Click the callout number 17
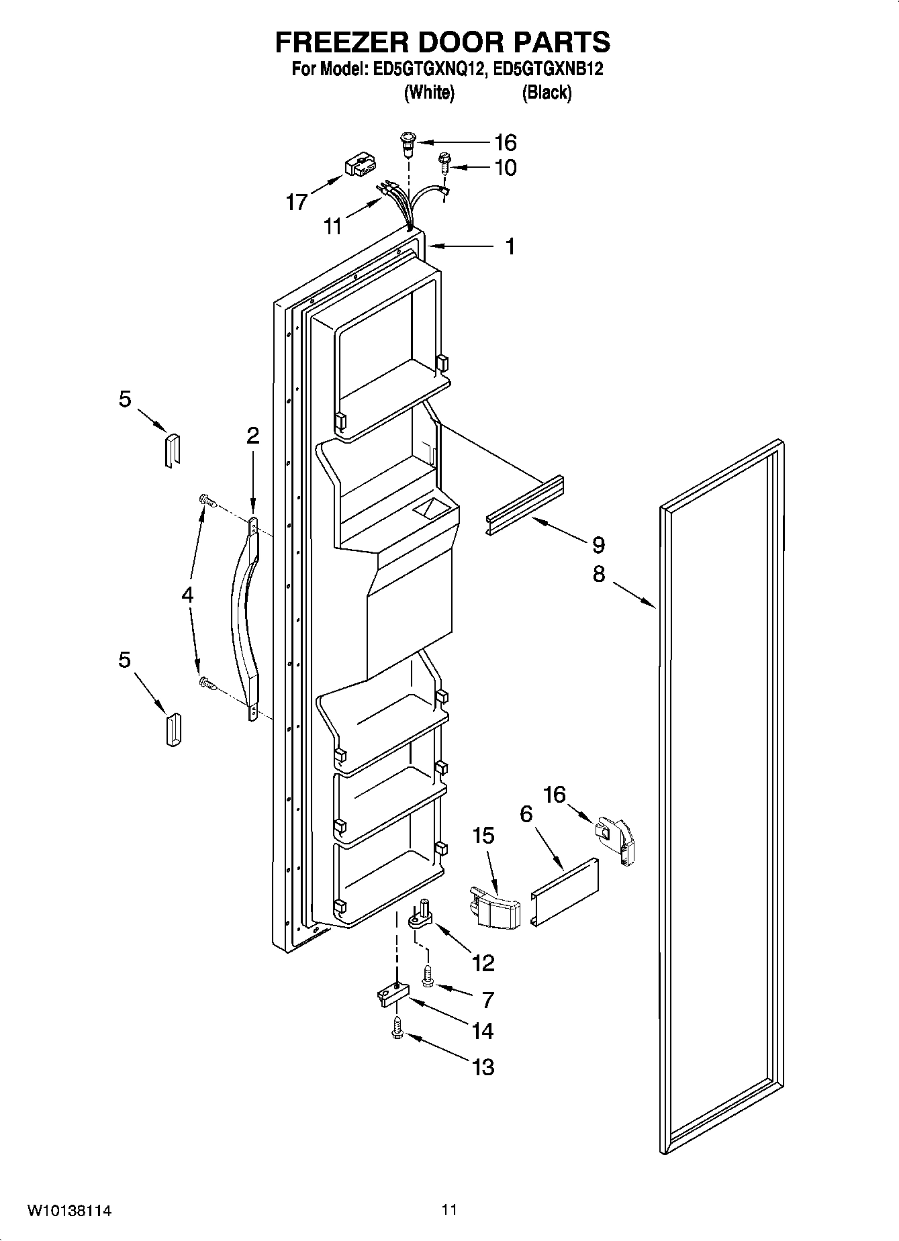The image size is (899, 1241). (x=296, y=201)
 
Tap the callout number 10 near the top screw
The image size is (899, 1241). (x=505, y=168)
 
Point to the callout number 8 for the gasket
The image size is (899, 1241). (x=598, y=574)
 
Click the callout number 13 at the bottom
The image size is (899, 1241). (x=483, y=1066)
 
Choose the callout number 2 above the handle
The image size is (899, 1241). (x=252, y=436)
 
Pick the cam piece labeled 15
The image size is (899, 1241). (x=496, y=907)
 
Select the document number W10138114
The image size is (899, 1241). (x=69, y=1211)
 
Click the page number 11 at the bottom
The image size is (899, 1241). (x=448, y=1210)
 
